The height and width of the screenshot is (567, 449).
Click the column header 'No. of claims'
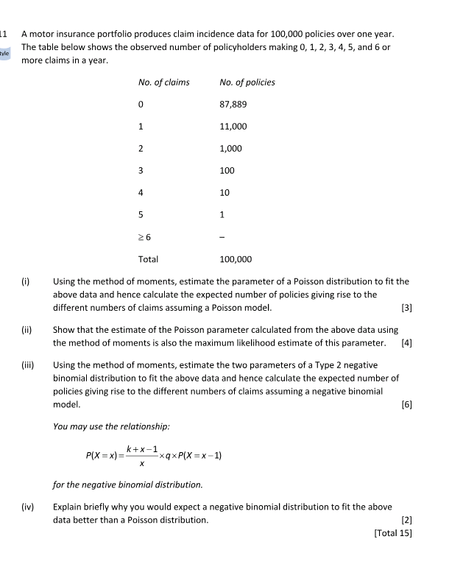click(163, 82)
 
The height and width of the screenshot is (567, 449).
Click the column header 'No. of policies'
click(247, 82)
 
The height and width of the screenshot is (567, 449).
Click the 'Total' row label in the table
click(148, 259)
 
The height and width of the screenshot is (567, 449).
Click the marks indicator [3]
click(405, 307)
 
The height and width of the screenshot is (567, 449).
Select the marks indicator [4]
click(405, 343)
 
